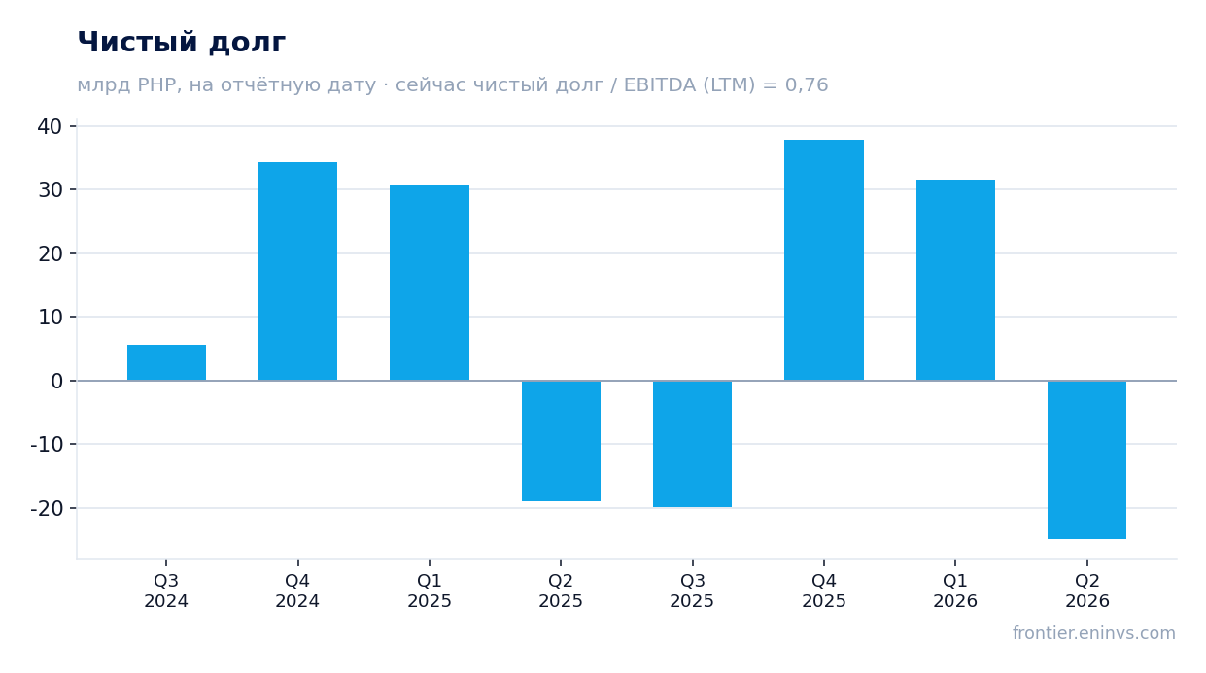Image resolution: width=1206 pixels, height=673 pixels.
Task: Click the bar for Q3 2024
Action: click(166, 362)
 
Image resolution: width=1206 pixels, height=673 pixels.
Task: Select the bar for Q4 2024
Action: click(297, 271)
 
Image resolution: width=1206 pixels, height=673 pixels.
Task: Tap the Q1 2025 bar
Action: click(430, 283)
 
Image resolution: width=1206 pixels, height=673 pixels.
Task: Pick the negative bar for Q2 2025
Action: click(561, 441)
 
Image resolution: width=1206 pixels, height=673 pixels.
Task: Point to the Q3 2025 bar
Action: click(692, 444)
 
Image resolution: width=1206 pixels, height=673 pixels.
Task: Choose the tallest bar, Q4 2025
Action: click(824, 260)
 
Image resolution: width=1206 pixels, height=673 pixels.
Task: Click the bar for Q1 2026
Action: click(955, 281)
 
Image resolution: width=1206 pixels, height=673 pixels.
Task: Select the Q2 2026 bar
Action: click(1087, 460)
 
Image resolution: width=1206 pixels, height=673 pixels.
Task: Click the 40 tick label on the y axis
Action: click(51, 127)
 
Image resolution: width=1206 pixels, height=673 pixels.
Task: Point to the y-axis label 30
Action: click(51, 190)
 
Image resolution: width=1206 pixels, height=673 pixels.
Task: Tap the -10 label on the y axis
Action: click(47, 445)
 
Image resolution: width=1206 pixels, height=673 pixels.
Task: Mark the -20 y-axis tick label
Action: click(47, 508)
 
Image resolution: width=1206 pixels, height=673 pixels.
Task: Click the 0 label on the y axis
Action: click(56, 382)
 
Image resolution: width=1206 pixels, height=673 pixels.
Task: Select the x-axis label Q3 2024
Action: click(166, 590)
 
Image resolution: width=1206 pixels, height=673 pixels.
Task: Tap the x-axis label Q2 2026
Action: click(1087, 590)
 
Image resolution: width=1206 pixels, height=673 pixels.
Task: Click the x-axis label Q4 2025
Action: click(824, 590)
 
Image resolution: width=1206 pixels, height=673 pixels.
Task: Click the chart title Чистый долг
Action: click(182, 43)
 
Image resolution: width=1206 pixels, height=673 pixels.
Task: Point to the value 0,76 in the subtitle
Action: click(807, 85)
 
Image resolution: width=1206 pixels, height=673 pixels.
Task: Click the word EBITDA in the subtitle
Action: click(660, 85)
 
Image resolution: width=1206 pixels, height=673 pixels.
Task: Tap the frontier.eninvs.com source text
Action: click(1094, 633)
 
